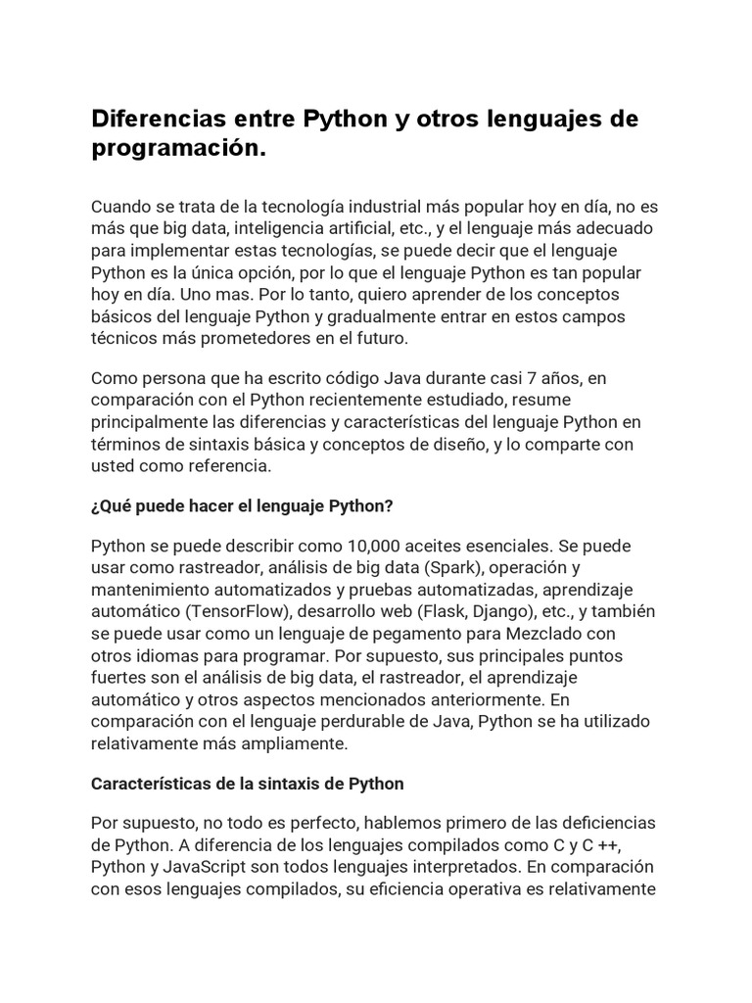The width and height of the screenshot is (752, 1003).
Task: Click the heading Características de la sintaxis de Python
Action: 247,784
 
